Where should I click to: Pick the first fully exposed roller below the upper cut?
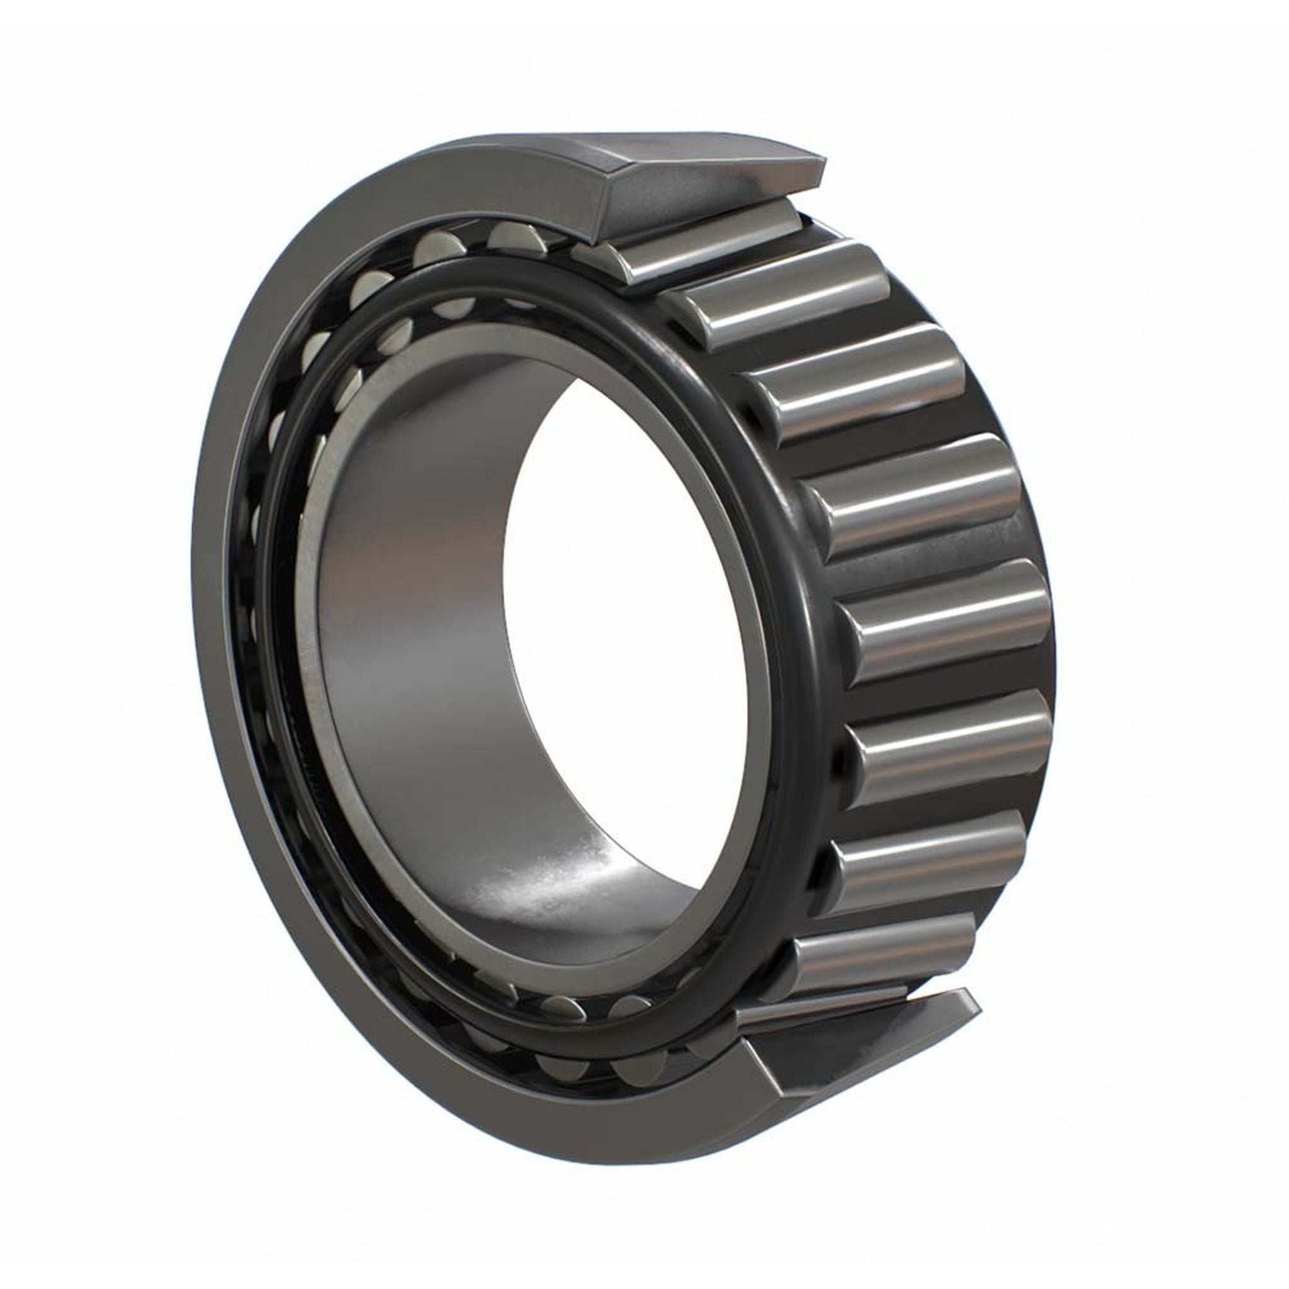[x=780, y=293]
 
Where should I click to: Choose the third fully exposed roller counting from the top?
[x=914, y=493]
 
